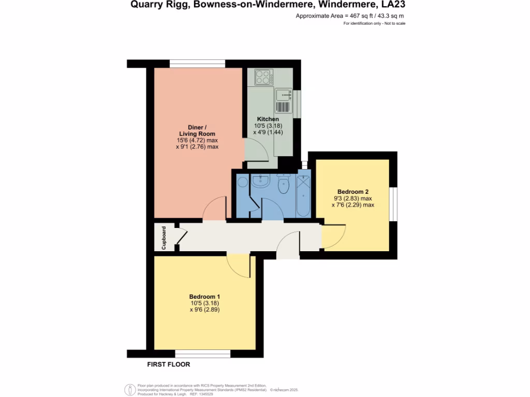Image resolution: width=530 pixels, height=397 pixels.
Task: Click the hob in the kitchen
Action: point(264,77)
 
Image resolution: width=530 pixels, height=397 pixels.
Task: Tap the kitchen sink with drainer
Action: point(284,101)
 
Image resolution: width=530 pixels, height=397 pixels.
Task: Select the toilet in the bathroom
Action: point(284,184)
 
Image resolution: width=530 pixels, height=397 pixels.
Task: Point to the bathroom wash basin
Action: point(259,181)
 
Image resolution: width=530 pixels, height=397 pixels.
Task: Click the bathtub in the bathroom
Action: point(303,196)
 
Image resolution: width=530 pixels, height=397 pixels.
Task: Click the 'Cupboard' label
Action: point(164,238)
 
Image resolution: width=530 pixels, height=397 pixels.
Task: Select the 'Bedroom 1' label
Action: point(205,297)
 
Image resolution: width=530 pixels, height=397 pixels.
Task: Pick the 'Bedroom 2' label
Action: point(352,191)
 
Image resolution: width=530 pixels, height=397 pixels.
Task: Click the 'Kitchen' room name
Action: point(268,119)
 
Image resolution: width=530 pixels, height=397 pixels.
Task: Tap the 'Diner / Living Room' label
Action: point(197,130)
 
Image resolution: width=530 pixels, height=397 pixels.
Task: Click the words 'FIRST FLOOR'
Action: point(169,364)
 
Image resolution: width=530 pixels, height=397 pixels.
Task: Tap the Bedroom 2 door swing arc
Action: point(332,238)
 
